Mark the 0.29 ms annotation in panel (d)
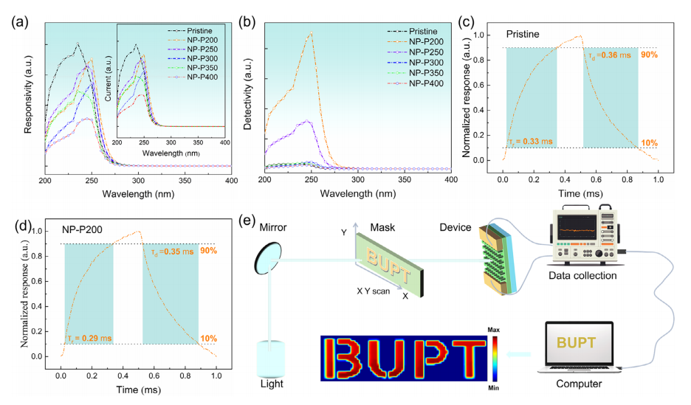89,338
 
